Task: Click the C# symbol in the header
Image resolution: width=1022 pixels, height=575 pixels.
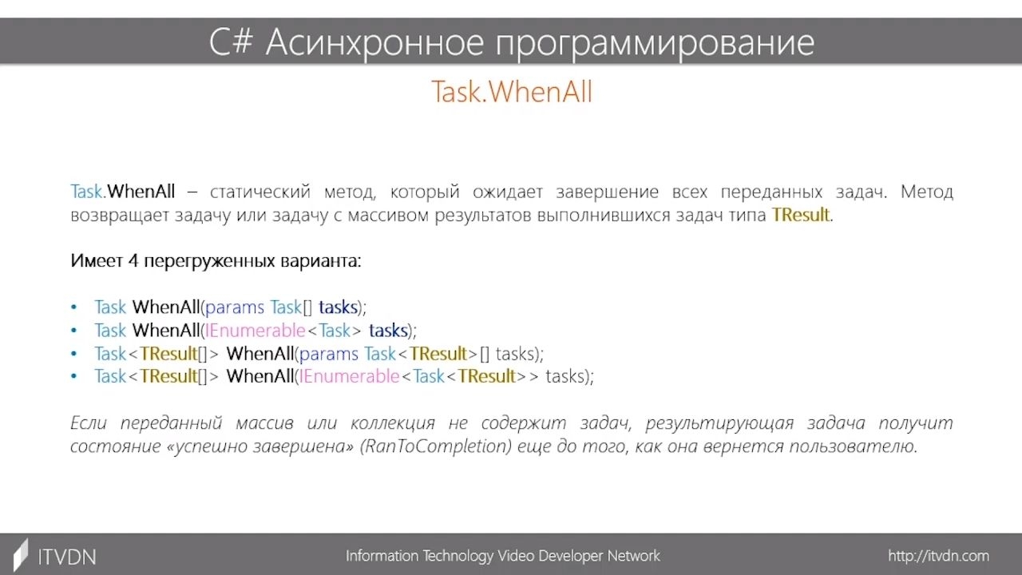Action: [x=231, y=42]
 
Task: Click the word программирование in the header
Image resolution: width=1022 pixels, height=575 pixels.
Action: [x=655, y=44]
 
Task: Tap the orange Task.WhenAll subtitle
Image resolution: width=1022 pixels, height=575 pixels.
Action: [x=512, y=91]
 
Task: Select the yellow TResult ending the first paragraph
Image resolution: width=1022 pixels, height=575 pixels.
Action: [x=800, y=215]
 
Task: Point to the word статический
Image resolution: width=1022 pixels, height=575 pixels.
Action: [x=260, y=192]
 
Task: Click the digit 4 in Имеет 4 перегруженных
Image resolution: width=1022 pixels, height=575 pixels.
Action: [x=133, y=261]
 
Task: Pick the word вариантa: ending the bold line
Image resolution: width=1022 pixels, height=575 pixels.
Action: [x=320, y=261]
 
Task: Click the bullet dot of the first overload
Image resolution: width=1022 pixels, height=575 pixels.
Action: [x=74, y=307]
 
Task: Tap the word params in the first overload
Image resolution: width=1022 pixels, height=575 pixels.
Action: [x=235, y=308]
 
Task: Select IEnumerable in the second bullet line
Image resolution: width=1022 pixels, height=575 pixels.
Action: [x=255, y=331]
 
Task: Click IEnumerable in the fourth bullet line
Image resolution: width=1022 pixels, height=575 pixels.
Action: [x=349, y=376]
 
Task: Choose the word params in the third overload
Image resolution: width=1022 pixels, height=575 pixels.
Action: [x=328, y=355]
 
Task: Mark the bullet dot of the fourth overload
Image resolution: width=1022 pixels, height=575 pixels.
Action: [x=74, y=376]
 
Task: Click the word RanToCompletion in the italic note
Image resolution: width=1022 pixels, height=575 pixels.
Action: [x=436, y=446]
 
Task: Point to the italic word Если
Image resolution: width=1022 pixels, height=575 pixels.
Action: [x=89, y=423]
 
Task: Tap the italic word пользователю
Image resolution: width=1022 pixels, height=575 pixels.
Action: [x=854, y=446]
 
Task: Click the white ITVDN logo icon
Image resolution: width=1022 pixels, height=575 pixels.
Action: [x=21, y=555]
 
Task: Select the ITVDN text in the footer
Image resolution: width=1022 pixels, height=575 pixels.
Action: [x=67, y=557]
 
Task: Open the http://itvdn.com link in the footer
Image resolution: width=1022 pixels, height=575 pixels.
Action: [x=938, y=557]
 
